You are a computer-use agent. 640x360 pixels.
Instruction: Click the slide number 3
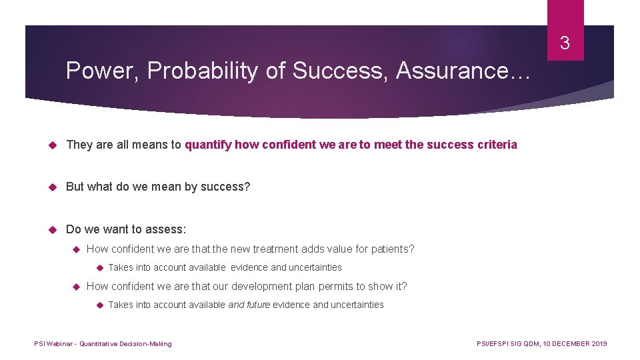(x=565, y=44)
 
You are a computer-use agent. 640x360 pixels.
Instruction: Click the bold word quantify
(x=207, y=145)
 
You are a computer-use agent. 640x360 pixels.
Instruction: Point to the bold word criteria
(x=497, y=145)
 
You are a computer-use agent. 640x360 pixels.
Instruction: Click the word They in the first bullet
(x=79, y=145)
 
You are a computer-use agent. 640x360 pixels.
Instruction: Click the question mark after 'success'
(x=247, y=187)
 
